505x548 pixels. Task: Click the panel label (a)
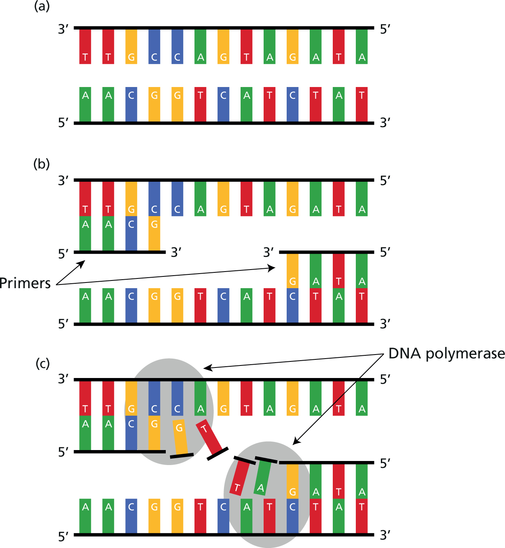42,6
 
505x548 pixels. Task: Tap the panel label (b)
42,164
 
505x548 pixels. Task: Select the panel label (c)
42,363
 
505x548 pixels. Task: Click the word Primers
25,283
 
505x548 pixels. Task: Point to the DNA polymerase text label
446,354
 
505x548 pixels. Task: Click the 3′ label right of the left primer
176,253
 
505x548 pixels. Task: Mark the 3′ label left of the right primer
268,253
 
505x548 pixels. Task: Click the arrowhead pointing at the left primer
82,263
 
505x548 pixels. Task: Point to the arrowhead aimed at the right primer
272,268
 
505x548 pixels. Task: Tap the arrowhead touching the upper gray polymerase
207,368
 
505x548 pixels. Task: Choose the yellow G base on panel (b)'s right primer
293,270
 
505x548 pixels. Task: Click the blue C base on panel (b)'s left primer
131,233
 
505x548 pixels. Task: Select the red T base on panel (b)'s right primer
339,270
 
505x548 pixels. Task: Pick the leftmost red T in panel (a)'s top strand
85,47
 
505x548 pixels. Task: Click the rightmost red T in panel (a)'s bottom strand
362,104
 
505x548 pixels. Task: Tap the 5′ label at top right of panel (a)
385,29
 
